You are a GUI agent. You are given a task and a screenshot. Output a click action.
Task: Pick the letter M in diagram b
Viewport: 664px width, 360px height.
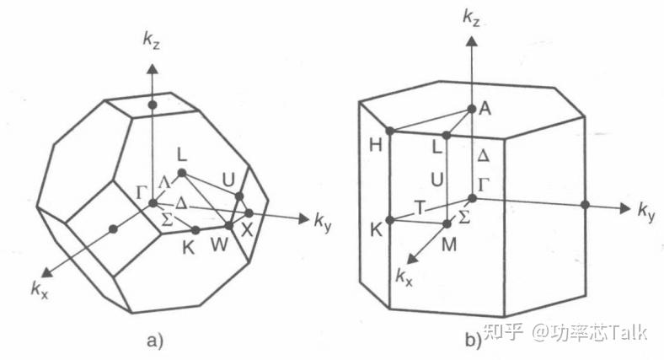pyautogui.click(x=449, y=244)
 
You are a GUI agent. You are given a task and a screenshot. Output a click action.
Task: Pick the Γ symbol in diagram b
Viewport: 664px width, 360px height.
pyautogui.click(x=484, y=184)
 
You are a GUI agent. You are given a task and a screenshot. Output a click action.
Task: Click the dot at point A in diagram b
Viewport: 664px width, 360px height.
pyautogui.click(x=472, y=109)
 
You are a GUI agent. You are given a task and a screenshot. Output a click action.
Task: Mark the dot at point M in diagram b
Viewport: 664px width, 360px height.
pyautogui.click(x=447, y=223)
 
